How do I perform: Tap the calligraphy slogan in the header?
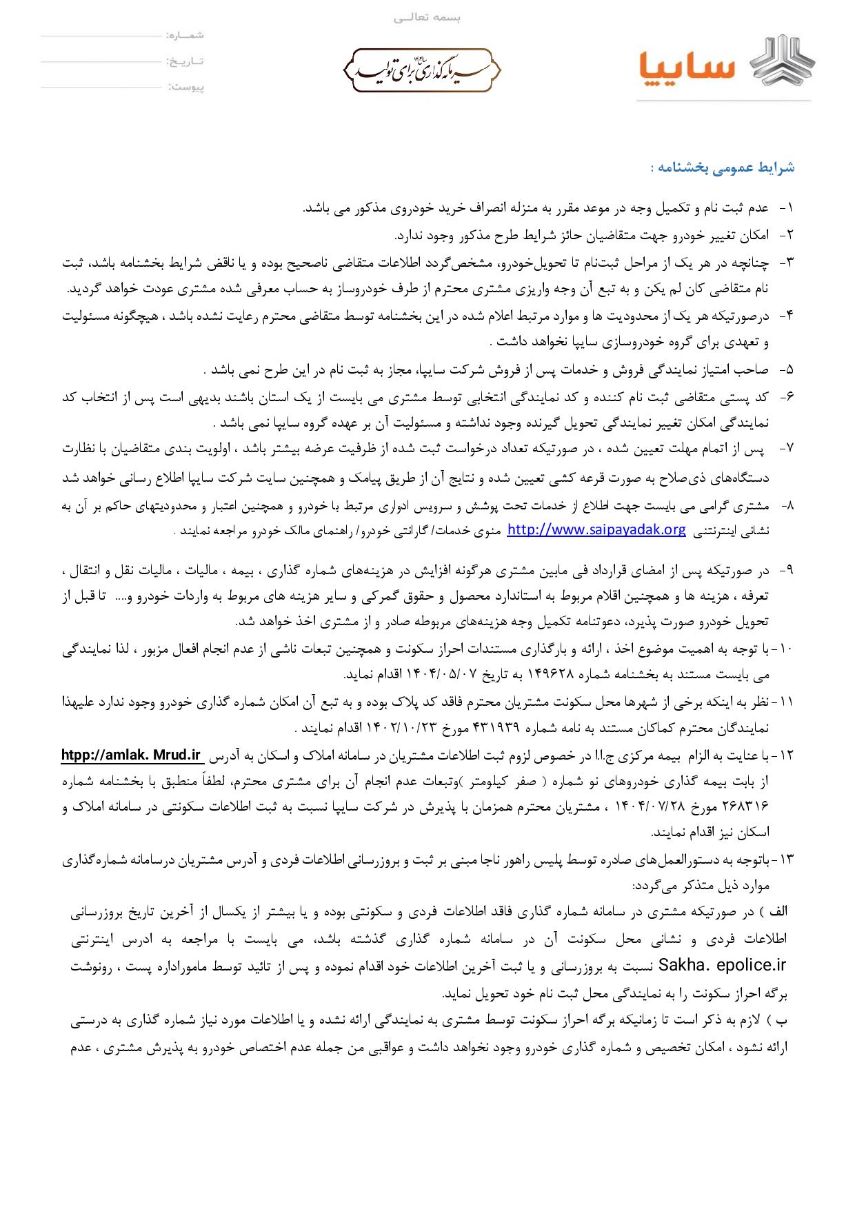click(x=421, y=70)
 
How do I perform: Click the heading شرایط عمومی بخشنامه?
click(x=723, y=167)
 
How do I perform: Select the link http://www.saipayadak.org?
click(x=596, y=529)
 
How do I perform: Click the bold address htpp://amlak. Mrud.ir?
click(x=131, y=755)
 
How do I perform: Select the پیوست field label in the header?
click(x=185, y=88)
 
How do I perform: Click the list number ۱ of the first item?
click(x=787, y=208)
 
